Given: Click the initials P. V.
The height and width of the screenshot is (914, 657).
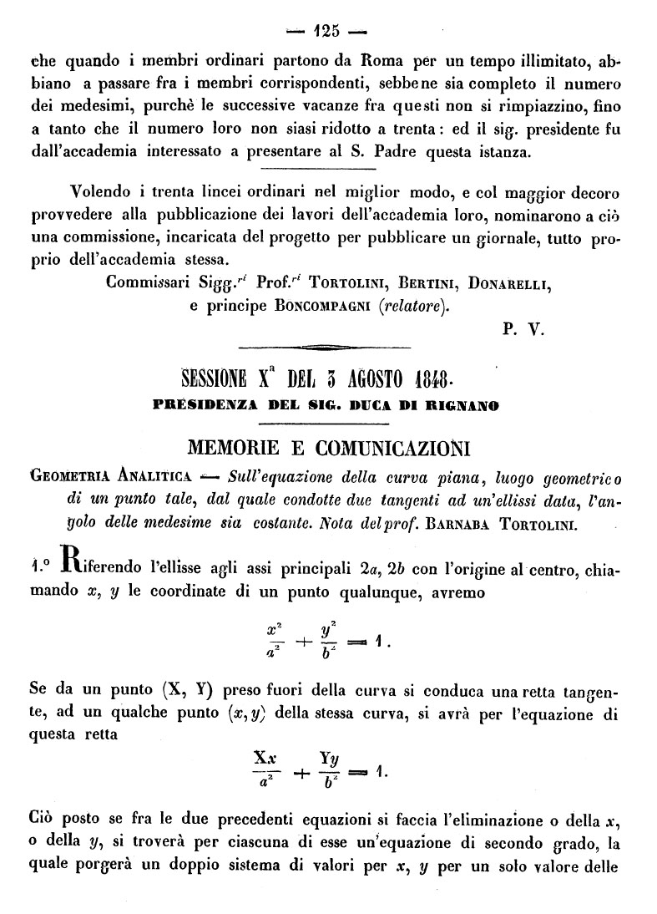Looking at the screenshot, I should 524,328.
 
